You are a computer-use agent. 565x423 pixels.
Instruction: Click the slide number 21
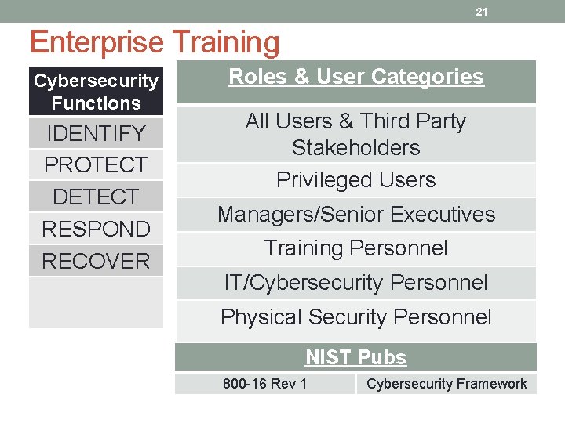coord(482,12)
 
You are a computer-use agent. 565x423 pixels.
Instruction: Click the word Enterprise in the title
coord(96,42)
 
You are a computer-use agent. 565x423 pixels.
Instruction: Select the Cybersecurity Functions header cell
coord(96,92)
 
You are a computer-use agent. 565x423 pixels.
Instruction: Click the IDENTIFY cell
coord(96,133)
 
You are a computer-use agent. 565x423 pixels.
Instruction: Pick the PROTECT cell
coord(96,165)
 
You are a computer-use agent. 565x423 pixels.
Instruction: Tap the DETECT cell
coord(96,197)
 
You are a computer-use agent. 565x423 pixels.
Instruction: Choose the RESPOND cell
coord(96,229)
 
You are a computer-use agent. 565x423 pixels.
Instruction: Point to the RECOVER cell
coord(96,261)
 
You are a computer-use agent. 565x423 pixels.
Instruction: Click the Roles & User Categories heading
coord(355,77)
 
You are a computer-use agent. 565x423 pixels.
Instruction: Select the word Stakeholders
coord(355,147)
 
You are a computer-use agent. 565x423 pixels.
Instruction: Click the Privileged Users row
coord(355,180)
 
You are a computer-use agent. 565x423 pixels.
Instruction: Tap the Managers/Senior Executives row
coord(355,214)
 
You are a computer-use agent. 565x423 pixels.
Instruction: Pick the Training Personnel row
coord(355,248)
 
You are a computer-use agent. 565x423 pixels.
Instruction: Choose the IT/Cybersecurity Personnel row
coord(355,283)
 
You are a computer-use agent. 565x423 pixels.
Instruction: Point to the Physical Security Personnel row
coord(355,317)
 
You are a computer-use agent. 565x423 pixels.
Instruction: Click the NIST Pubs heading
coord(355,357)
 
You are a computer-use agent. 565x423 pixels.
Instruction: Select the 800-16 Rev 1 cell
coord(264,384)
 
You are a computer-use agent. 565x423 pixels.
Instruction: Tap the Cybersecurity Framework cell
coord(447,384)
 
